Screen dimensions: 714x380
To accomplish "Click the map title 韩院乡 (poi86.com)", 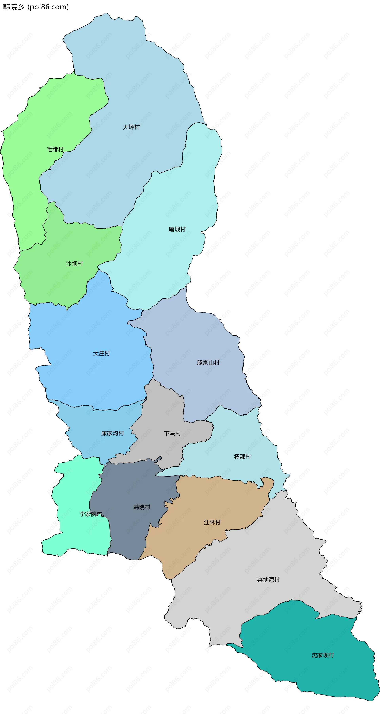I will pos(36,7).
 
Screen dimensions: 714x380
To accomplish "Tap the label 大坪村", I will pos(131,127).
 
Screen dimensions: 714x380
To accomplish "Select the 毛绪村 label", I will pos(55,150).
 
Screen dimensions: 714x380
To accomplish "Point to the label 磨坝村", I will pos(177,229).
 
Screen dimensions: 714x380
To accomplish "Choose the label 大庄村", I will pos(102,353).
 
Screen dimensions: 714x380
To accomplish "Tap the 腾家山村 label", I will pos(208,363).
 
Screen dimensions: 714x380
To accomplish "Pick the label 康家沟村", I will pos(112,433).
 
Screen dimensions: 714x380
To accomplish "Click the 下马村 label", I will pos(172,434).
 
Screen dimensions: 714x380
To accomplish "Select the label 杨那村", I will pos(242,457).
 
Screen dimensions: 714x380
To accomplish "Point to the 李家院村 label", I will pos(91,514).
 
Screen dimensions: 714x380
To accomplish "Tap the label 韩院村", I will pos(142,507).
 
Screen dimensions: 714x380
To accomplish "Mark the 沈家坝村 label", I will pos(323,655).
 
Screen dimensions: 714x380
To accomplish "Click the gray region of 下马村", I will pos(161,410).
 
